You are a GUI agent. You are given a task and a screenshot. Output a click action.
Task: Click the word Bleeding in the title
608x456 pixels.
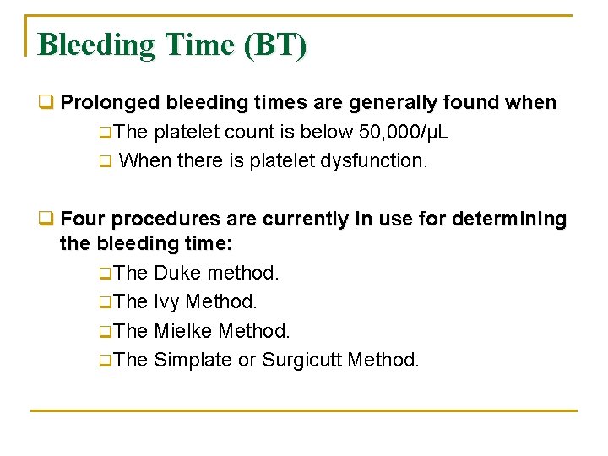point(90,45)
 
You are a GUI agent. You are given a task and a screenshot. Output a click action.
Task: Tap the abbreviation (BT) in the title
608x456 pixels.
point(275,45)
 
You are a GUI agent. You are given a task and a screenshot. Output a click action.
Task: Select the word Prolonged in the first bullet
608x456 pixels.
point(111,103)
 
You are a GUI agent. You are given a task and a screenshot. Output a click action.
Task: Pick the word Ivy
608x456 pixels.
point(166,302)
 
